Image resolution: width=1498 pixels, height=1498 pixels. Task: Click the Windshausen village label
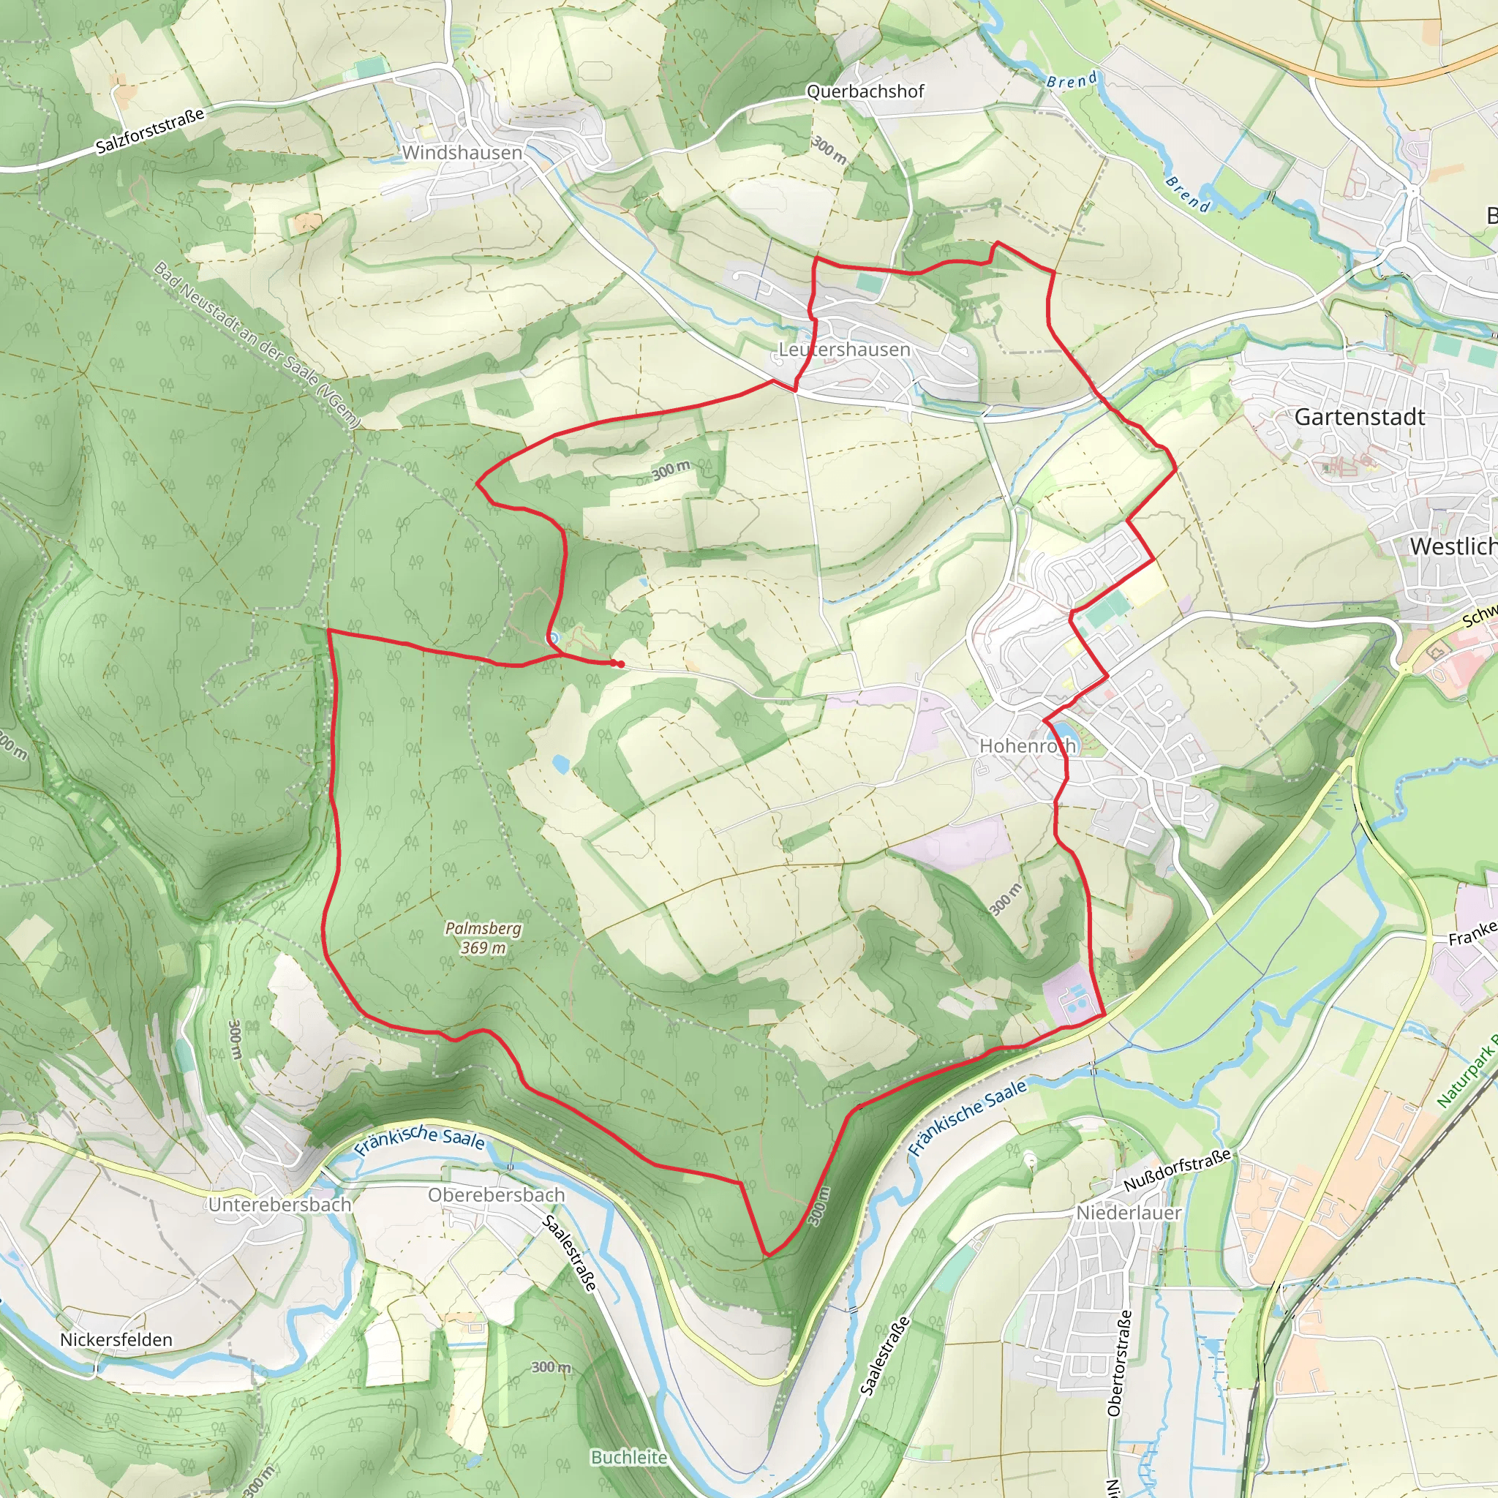[x=462, y=153]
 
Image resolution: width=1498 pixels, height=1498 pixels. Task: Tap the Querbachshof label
[x=865, y=91]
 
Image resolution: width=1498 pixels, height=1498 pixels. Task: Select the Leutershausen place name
[x=844, y=350]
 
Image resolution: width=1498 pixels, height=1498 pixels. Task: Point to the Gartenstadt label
[x=1359, y=417]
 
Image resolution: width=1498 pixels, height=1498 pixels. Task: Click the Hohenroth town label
[x=1028, y=746]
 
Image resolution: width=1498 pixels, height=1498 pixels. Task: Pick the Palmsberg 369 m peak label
[x=483, y=938]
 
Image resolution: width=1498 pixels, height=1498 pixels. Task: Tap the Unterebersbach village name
[x=280, y=1205]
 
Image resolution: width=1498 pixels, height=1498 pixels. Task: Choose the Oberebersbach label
[x=496, y=1195]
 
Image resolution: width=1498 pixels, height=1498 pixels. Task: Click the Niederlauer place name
[x=1128, y=1213]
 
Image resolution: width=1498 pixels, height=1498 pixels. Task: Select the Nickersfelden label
[x=116, y=1340]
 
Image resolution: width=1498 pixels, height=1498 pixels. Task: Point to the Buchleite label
[x=629, y=1458]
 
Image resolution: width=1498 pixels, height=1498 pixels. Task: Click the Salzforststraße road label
[x=151, y=131]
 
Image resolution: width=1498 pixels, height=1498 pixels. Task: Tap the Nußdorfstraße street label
[x=1177, y=1171]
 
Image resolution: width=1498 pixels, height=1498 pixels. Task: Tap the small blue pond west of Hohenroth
[x=560, y=764]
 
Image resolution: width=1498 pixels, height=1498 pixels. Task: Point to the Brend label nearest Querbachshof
[x=1072, y=80]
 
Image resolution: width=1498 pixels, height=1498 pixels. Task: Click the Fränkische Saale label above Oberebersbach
[x=421, y=1138]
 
